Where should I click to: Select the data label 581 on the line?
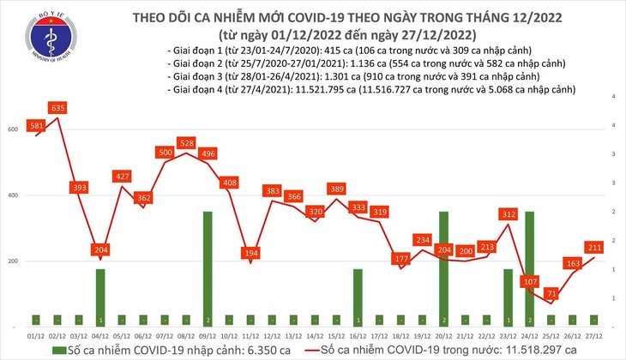[x=37, y=126]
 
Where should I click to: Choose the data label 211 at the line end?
[x=591, y=248]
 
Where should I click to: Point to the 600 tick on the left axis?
[x=13, y=129]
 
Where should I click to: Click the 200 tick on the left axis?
[x=13, y=261]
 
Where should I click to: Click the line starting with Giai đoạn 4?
[x=370, y=89]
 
